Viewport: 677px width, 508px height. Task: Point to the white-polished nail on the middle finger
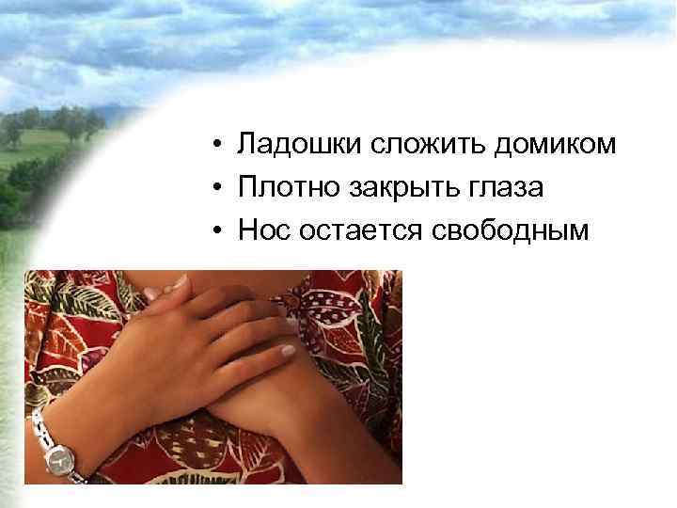(288, 351)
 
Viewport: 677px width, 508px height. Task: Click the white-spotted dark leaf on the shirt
(338, 301)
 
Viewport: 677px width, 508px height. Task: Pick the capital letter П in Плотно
(247, 188)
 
